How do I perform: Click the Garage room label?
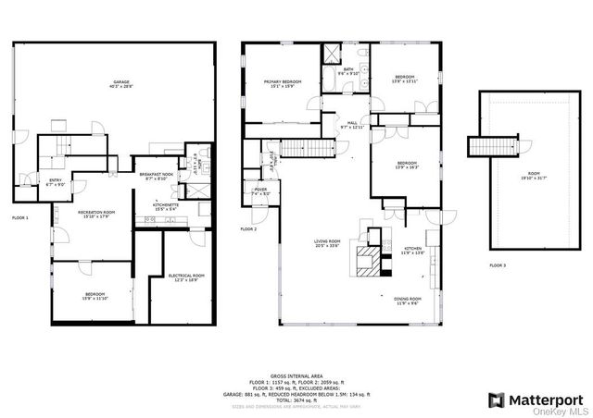[x=121, y=83]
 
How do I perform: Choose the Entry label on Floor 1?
[x=55, y=181]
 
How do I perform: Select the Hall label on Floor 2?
[x=353, y=124]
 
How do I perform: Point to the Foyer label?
[x=260, y=191]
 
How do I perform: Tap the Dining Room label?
[x=408, y=301]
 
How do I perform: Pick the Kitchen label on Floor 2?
[x=412, y=250]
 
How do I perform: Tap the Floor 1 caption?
[x=20, y=217]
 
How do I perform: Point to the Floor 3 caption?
[x=499, y=265]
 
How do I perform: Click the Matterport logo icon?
[x=496, y=400]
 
